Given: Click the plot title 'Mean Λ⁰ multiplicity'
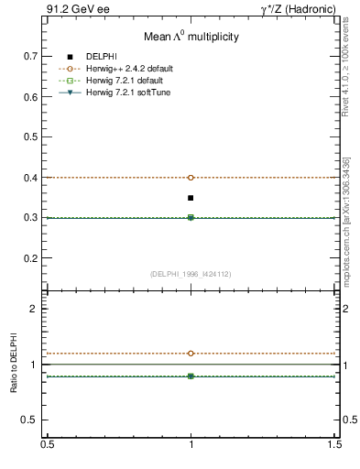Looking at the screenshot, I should pyautogui.click(x=191, y=38).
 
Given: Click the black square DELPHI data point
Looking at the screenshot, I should pyautogui.click(x=191, y=198).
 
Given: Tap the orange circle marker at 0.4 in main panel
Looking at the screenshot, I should pyautogui.click(x=191, y=178).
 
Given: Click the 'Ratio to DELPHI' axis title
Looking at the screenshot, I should pyautogui.click(x=14, y=364).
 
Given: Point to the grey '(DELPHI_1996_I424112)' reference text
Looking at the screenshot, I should pyautogui.click(x=191, y=274).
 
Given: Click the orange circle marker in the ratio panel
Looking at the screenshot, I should pyautogui.click(x=191, y=353).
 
